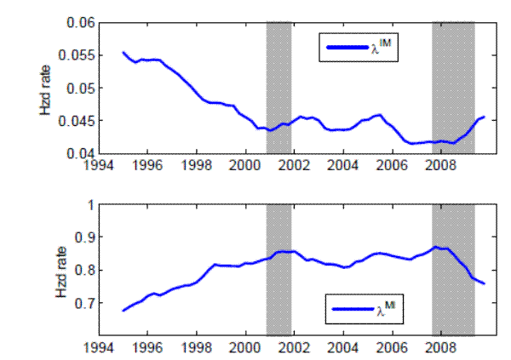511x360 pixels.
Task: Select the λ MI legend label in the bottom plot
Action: click(388, 316)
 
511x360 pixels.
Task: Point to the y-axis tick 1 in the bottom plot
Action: click(89, 205)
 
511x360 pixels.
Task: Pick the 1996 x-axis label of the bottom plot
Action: click(147, 349)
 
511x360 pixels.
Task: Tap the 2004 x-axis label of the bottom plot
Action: click(343, 349)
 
